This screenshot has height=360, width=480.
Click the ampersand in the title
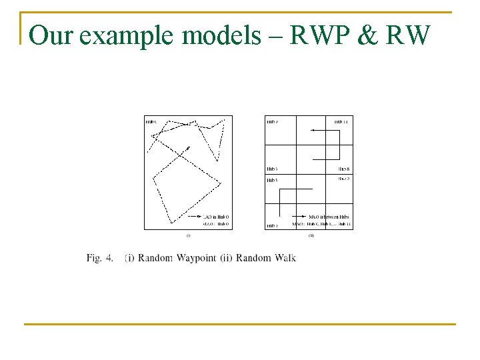[x=365, y=35]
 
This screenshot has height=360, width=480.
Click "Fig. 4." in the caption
[x=99, y=258]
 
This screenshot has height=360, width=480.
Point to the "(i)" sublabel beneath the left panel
[x=188, y=235]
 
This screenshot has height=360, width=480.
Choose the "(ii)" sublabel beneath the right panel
[x=311, y=235]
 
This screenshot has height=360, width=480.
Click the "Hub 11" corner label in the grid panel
[x=341, y=121]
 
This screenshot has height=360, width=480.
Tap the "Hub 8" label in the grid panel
[x=344, y=169]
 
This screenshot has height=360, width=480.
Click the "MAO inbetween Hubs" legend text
[x=329, y=217]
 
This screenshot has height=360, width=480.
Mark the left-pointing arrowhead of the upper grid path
[x=312, y=131]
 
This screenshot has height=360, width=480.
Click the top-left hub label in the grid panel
[x=272, y=121]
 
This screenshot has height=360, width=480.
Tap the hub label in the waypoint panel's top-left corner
[x=151, y=121]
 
